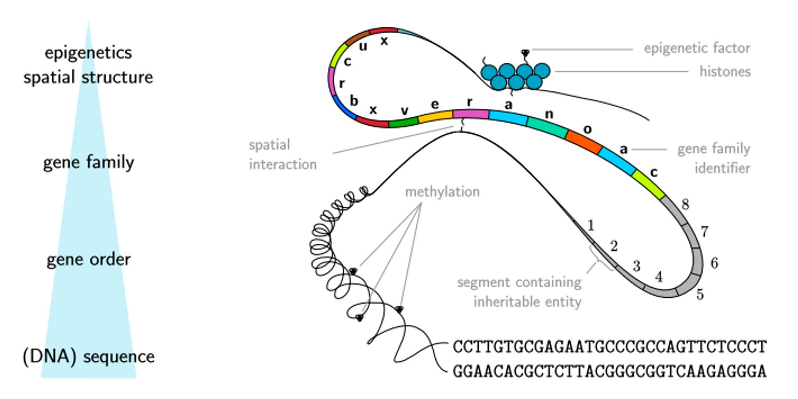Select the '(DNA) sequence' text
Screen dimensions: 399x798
[88, 356]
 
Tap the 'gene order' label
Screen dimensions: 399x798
[88, 260]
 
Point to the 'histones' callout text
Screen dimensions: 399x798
[725, 71]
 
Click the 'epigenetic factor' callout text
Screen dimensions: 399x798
[697, 48]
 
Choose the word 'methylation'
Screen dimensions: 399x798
[442, 192]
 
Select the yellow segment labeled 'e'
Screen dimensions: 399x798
[435, 116]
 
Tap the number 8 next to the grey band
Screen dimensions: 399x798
[685, 204]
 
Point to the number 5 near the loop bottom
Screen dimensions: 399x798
[699, 294]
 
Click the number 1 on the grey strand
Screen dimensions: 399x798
[591, 226]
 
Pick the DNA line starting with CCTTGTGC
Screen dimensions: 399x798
[609, 347]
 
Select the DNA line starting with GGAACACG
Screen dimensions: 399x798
[609, 371]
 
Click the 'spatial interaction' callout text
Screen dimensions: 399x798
[282, 155]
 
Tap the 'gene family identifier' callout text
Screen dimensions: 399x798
[713, 158]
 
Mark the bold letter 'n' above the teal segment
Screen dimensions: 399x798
[549, 114]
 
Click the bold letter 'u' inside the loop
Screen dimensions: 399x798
[363, 46]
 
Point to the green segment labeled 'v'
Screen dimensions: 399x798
[403, 122]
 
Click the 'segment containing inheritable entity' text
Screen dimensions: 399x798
[519, 292]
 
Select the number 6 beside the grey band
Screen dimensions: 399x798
[714, 263]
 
